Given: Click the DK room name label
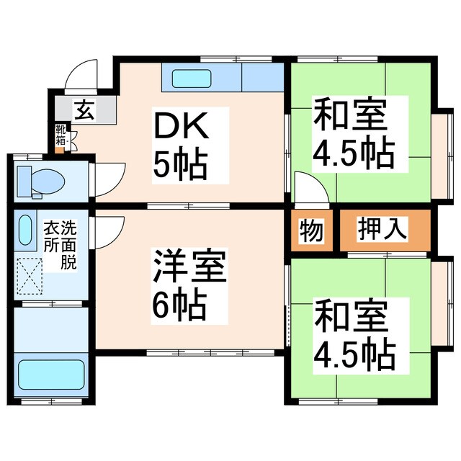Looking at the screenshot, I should pos(182,128).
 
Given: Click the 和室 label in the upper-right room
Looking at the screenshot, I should pos(350,115).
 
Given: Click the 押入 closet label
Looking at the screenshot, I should pos(384,230).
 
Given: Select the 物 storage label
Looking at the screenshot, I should pos(312,231).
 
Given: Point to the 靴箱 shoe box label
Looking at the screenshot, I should pos(61,136).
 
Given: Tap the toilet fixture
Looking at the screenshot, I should pos(40,179).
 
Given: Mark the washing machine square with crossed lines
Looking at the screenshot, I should pos(31,277).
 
